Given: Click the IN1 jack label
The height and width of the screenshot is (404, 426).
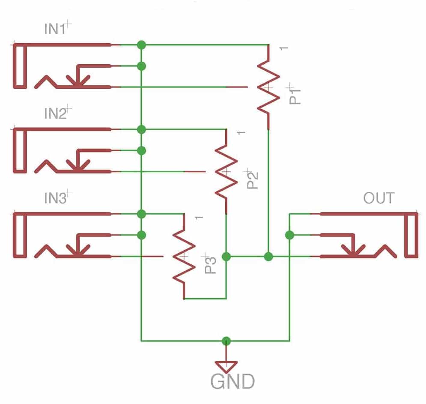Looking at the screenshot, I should [55, 30].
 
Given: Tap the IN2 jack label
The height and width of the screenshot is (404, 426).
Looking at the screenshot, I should [55, 114].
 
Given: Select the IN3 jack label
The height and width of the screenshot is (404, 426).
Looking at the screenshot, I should [55, 198].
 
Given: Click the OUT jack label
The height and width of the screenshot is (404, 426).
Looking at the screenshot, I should [378, 198].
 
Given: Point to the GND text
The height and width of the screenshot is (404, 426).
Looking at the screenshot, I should [232, 381].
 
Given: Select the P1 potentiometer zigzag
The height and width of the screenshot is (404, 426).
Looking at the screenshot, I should [268, 87].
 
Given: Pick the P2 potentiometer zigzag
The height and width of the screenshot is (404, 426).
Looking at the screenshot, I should [226, 172].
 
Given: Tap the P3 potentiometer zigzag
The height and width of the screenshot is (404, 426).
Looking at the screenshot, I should [184, 256].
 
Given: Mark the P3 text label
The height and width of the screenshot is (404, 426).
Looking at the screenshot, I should [210, 263].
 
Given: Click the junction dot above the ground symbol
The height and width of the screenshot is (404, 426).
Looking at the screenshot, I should [226, 341].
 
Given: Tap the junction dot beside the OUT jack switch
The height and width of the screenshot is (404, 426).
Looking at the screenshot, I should [289, 235].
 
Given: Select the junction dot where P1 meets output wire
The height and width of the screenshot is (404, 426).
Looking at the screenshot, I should [268, 257].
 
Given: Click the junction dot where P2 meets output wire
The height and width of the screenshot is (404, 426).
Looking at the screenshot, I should [226, 257].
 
